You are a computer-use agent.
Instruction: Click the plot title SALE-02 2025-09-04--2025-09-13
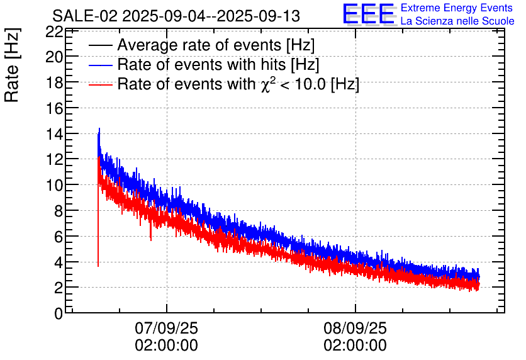click(x=176, y=16)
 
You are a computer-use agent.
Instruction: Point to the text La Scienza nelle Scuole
click(x=457, y=21)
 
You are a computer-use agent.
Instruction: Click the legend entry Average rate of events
click(x=216, y=45)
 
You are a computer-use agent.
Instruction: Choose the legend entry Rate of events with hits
click(x=218, y=65)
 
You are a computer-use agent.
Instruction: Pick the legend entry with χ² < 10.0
click(x=238, y=84)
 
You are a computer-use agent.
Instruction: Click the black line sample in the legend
click(x=101, y=45)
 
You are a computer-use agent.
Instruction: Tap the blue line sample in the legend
click(x=101, y=65)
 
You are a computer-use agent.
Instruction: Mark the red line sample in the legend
click(x=101, y=84)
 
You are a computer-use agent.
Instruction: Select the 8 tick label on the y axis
click(x=59, y=211)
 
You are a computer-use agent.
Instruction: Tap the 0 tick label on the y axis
click(x=59, y=313)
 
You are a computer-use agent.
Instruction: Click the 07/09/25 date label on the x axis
click(x=166, y=329)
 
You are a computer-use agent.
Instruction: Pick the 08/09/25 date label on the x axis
click(x=355, y=329)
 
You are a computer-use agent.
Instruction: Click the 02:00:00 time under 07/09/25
click(x=166, y=346)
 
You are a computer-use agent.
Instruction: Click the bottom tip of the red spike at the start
click(x=98, y=266)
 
